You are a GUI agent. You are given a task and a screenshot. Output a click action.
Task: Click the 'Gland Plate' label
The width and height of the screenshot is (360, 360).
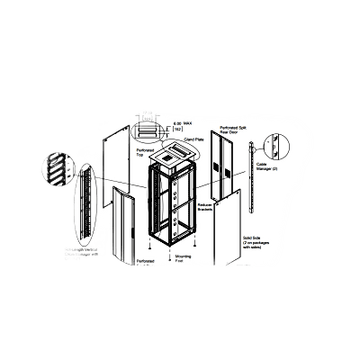(x=193, y=141)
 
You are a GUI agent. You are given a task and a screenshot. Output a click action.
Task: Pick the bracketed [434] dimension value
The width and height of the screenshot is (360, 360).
(x=148, y=115)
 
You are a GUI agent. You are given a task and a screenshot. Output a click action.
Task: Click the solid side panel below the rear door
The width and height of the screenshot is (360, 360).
(x=229, y=229)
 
